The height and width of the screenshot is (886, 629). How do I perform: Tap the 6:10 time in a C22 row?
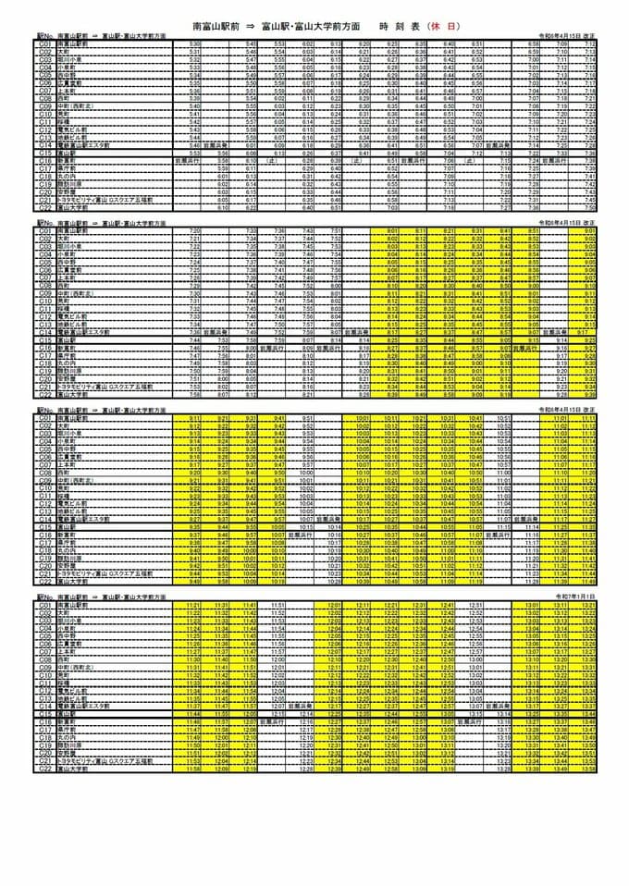pos(223,207)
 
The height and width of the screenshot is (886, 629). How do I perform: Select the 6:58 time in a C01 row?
pos(534,43)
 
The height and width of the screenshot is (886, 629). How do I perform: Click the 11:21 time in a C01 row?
pos(193,605)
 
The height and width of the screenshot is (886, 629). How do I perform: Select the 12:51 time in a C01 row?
pos(475,605)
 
